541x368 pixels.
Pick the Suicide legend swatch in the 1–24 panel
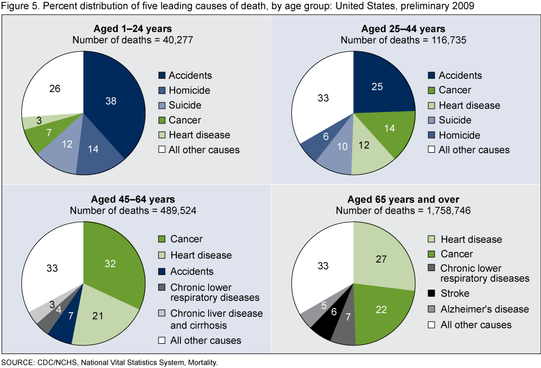[x=163, y=105]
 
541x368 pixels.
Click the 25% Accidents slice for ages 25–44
[x=377, y=88]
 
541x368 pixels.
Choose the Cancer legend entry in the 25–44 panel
[x=455, y=90]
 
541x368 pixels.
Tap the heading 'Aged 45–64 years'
[x=133, y=199]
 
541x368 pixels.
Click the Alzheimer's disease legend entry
[x=484, y=309]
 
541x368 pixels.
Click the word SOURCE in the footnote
[x=16, y=362]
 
